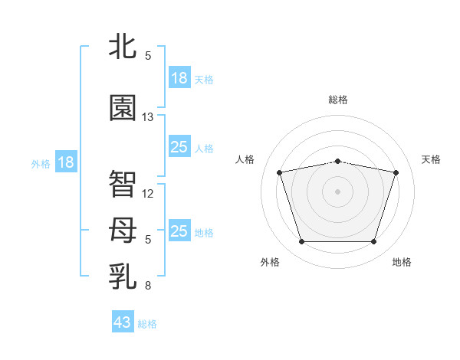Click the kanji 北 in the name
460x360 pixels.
tap(123, 46)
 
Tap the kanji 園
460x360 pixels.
tap(123, 107)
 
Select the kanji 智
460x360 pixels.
tap(123, 184)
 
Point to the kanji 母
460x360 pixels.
tap(123, 230)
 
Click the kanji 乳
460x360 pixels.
tap(123, 277)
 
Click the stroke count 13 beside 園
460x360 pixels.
tap(147, 117)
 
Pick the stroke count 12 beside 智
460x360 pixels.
tap(147, 194)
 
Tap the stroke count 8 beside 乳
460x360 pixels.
tap(148, 286)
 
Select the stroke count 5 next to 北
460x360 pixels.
tap(148, 56)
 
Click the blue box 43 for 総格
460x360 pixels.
tap(123, 321)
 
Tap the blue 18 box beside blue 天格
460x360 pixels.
tap(180, 77)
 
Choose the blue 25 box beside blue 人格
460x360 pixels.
tap(180, 146)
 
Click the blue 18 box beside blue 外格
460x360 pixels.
tap(66, 162)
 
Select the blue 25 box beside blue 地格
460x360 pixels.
tap(180, 230)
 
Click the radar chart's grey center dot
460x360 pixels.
tap(337, 191)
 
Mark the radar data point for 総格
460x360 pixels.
tap(337, 162)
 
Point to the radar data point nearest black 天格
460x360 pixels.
tap(396, 172)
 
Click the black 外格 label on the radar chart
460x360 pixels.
tap(270, 262)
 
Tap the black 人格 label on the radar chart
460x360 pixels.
tap(245, 159)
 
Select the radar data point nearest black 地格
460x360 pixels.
tap(373, 241)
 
